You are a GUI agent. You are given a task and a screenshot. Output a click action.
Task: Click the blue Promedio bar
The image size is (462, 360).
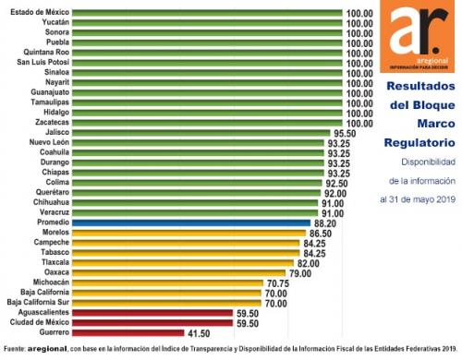coord(191,222)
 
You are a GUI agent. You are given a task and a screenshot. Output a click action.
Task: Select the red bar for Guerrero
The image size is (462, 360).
coord(128,333)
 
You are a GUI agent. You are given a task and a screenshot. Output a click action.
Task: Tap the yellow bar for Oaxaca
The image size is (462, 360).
coord(179,273)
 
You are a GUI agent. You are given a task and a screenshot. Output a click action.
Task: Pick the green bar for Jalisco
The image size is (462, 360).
coord(201,133)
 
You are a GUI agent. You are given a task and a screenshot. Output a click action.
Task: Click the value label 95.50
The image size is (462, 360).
coord(345,134)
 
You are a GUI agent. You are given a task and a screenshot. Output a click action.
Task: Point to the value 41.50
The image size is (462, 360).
coord(199,333)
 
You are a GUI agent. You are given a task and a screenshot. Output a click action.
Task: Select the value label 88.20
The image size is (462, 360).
coord(325,223)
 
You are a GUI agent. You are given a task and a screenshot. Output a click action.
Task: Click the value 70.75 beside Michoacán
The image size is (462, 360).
coord(278,283)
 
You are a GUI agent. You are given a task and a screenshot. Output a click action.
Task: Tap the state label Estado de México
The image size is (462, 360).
coord(40,12)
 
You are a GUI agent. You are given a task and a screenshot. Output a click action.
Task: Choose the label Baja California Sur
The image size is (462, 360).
coord(38,302)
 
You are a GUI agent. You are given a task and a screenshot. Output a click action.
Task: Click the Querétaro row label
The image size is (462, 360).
coord(53,192)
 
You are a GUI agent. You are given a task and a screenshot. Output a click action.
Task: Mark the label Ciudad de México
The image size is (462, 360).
coord(40,322)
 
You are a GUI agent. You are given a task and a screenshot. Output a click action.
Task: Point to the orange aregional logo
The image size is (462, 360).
coord(417,36)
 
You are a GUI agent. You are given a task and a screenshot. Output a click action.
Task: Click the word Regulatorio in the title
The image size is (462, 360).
coord(419,143)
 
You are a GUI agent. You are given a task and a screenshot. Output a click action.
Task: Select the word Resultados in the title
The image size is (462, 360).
coord(421,86)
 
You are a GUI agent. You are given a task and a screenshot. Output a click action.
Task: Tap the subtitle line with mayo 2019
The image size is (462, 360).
coord(418,199)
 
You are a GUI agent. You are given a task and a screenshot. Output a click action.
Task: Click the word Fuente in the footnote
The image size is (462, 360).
coord(14,349)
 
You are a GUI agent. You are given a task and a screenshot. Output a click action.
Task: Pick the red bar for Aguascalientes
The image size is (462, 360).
coord(152,313)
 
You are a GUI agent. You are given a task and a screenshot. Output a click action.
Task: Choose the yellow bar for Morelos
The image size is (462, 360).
coord(189,233)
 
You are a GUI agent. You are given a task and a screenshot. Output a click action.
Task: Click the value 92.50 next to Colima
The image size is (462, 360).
coord(337,184)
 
